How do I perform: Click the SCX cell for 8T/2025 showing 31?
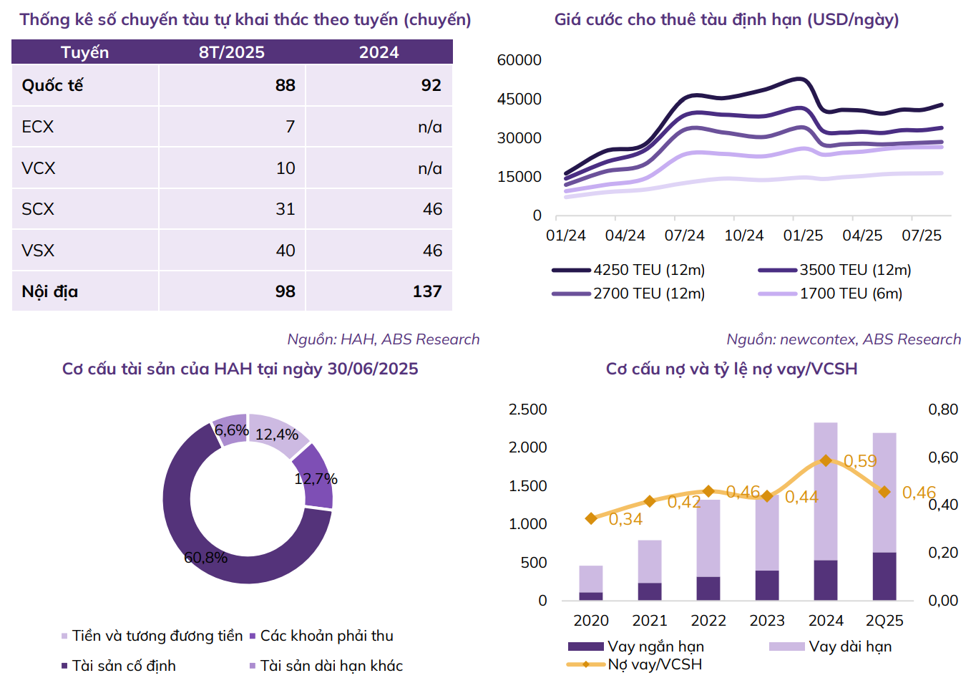[x=286, y=209]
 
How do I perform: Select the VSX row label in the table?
[x=38, y=251]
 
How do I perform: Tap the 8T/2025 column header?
[x=232, y=52]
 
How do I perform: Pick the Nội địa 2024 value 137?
[x=427, y=291]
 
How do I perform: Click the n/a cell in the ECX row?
[x=430, y=127]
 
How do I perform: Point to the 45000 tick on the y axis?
[x=519, y=100]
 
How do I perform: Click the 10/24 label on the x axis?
[x=744, y=236]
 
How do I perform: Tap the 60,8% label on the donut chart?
[x=205, y=557]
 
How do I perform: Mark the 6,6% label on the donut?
[x=231, y=430]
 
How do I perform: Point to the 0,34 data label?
[x=625, y=519]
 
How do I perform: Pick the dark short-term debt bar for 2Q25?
[x=884, y=576]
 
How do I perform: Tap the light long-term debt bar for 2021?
[x=650, y=561]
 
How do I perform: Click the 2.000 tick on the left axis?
[x=527, y=447]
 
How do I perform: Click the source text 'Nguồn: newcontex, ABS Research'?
[x=844, y=339]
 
